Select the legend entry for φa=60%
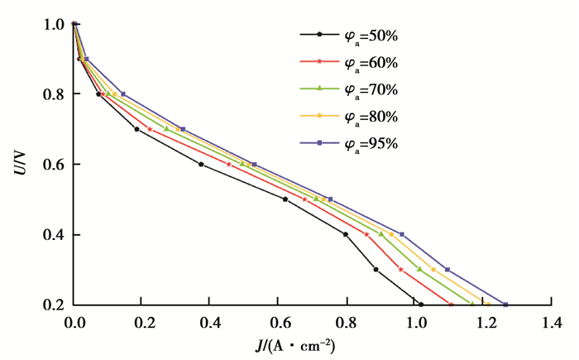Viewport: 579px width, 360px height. [x=347, y=61]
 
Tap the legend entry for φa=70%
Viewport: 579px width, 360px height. [x=347, y=89]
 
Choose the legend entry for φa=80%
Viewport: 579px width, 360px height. [x=347, y=116]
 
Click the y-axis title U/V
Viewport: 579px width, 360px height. [x=19, y=164]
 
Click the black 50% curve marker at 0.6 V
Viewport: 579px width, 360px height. [x=201, y=164]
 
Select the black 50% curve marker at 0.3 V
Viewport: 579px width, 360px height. [x=376, y=269]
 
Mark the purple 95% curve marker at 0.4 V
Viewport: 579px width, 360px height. [x=402, y=234]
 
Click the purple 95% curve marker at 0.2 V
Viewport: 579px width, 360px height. [x=505, y=305]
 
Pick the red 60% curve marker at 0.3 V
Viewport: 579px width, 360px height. [x=401, y=269]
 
